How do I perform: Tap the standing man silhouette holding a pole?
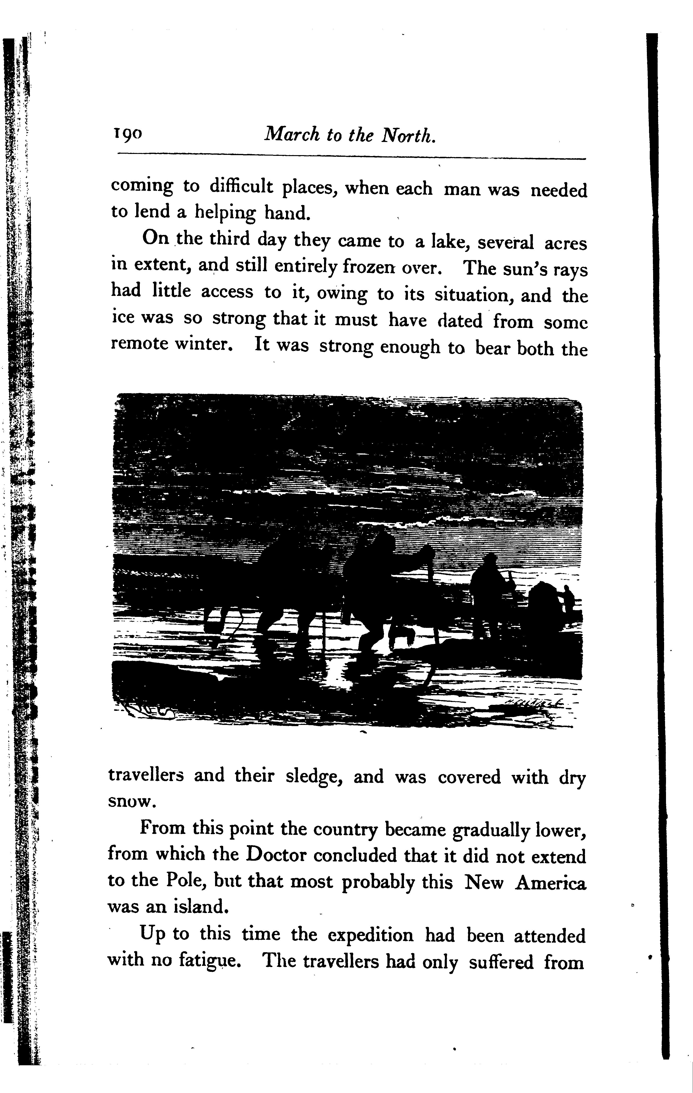pyautogui.click(x=488, y=588)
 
